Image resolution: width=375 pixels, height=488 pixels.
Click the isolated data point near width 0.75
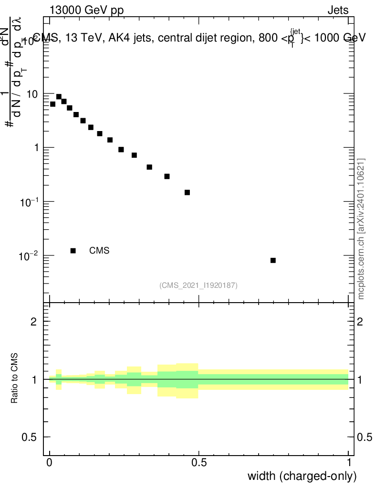click(x=273, y=260)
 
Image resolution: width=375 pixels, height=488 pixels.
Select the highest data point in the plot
click(x=59, y=97)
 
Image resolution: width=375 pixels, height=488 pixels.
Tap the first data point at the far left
click(x=52, y=104)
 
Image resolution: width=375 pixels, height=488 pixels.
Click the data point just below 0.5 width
click(x=187, y=193)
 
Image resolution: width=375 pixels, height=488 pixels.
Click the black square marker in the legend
click(x=73, y=251)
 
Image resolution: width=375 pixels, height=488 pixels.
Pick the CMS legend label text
click(x=99, y=251)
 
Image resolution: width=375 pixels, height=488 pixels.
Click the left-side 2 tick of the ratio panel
click(x=34, y=322)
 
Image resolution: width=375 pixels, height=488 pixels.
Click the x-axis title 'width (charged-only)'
click(x=302, y=476)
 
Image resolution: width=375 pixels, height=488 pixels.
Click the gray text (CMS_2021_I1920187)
click(x=198, y=285)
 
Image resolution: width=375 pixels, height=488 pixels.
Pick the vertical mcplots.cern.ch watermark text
click(x=362, y=229)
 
